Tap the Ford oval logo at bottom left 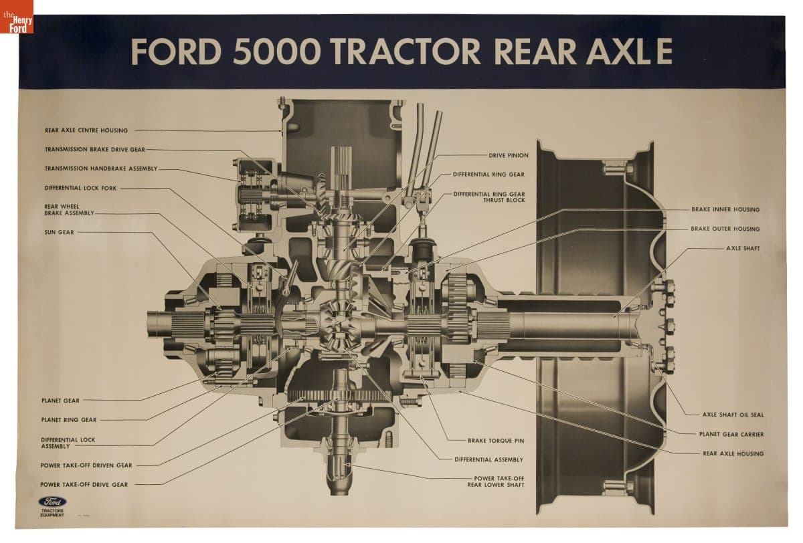[x=52, y=502]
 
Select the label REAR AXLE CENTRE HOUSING [x=86, y=130]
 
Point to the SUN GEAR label [x=60, y=233]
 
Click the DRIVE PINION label [x=509, y=155]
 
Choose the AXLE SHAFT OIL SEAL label [x=733, y=415]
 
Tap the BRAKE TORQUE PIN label [x=495, y=441]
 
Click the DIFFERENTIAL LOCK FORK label [x=81, y=189]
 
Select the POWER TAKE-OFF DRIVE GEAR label [x=84, y=484]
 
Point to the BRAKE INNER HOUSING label [x=725, y=209]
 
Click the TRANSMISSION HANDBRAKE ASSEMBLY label [x=101, y=169]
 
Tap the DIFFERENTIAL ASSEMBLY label [x=489, y=459]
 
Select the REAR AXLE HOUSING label [x=733, y=453]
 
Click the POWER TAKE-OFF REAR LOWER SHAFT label [x=495, y=481]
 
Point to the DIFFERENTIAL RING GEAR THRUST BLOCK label [x=489, y=197]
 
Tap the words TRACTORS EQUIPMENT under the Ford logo [x=52, y=513]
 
